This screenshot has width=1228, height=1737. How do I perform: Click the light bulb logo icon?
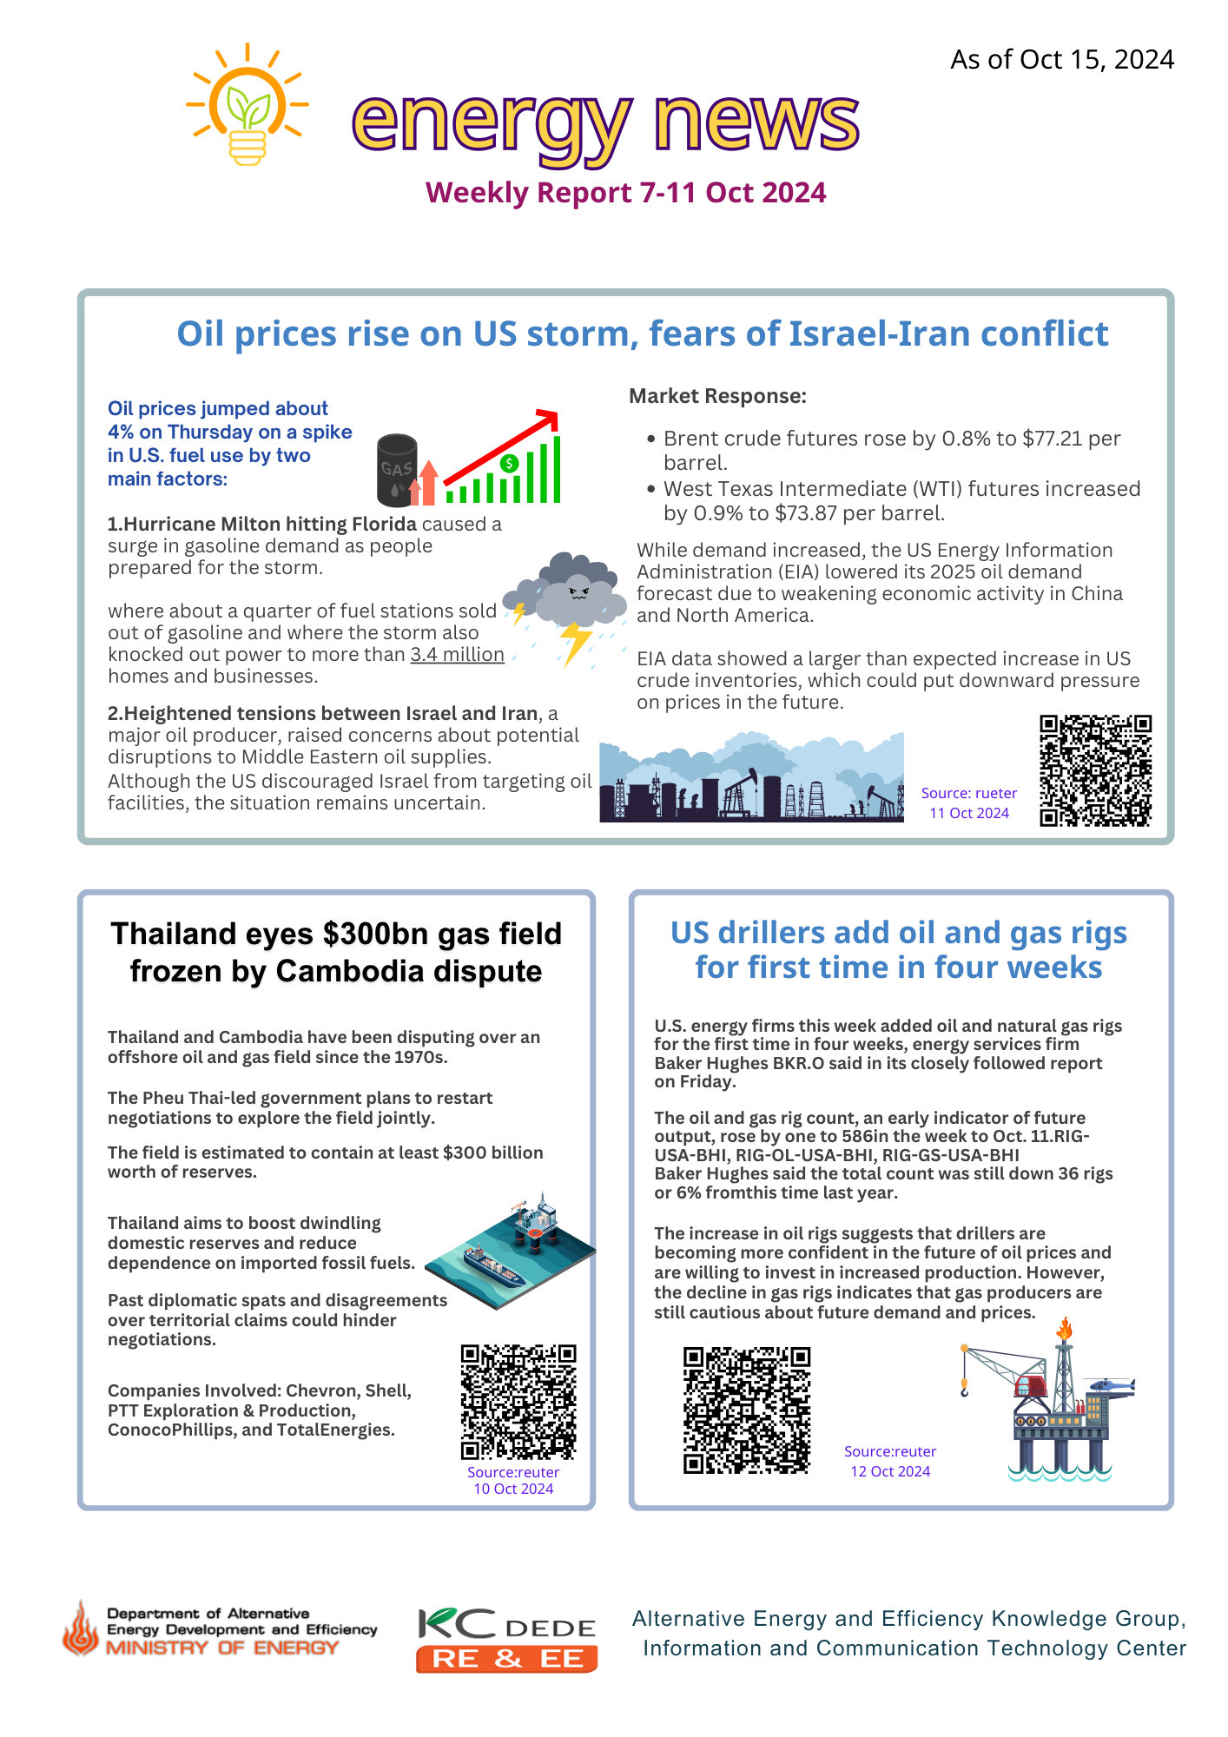(x=248, y=104)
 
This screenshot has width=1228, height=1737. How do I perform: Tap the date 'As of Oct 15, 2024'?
(x=1061, y=60)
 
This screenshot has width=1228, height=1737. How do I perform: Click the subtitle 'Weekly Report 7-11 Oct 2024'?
(x=625, y=193)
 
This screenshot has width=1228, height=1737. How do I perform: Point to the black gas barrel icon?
(x=396, y=470)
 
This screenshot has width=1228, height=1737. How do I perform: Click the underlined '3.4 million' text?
(x=457, y=655)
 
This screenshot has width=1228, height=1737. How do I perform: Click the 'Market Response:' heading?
(x=717, y=396)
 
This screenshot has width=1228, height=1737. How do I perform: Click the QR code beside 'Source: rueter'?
(x=1095, y=770)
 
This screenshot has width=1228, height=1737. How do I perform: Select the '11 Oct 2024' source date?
(x=969, y=813)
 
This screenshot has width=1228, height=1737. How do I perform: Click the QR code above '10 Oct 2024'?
(x=518, y=1402)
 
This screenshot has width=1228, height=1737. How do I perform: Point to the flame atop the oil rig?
(x=1065, y=1328)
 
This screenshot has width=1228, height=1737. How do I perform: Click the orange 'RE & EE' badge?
(x=506, y=1659)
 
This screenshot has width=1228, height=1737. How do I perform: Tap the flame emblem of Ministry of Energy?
(x=82, y=1629)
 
